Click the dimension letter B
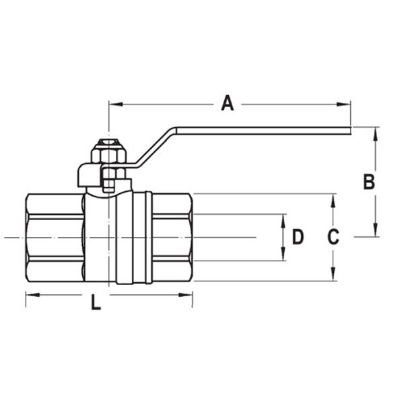point(368,181)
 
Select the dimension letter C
point(333,237)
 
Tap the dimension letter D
point(297,237)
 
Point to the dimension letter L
point(96,304)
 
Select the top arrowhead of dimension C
point(332,199)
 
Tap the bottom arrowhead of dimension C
point(332,276)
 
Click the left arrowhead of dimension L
point(30,294)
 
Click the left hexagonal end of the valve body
point(54,237)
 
